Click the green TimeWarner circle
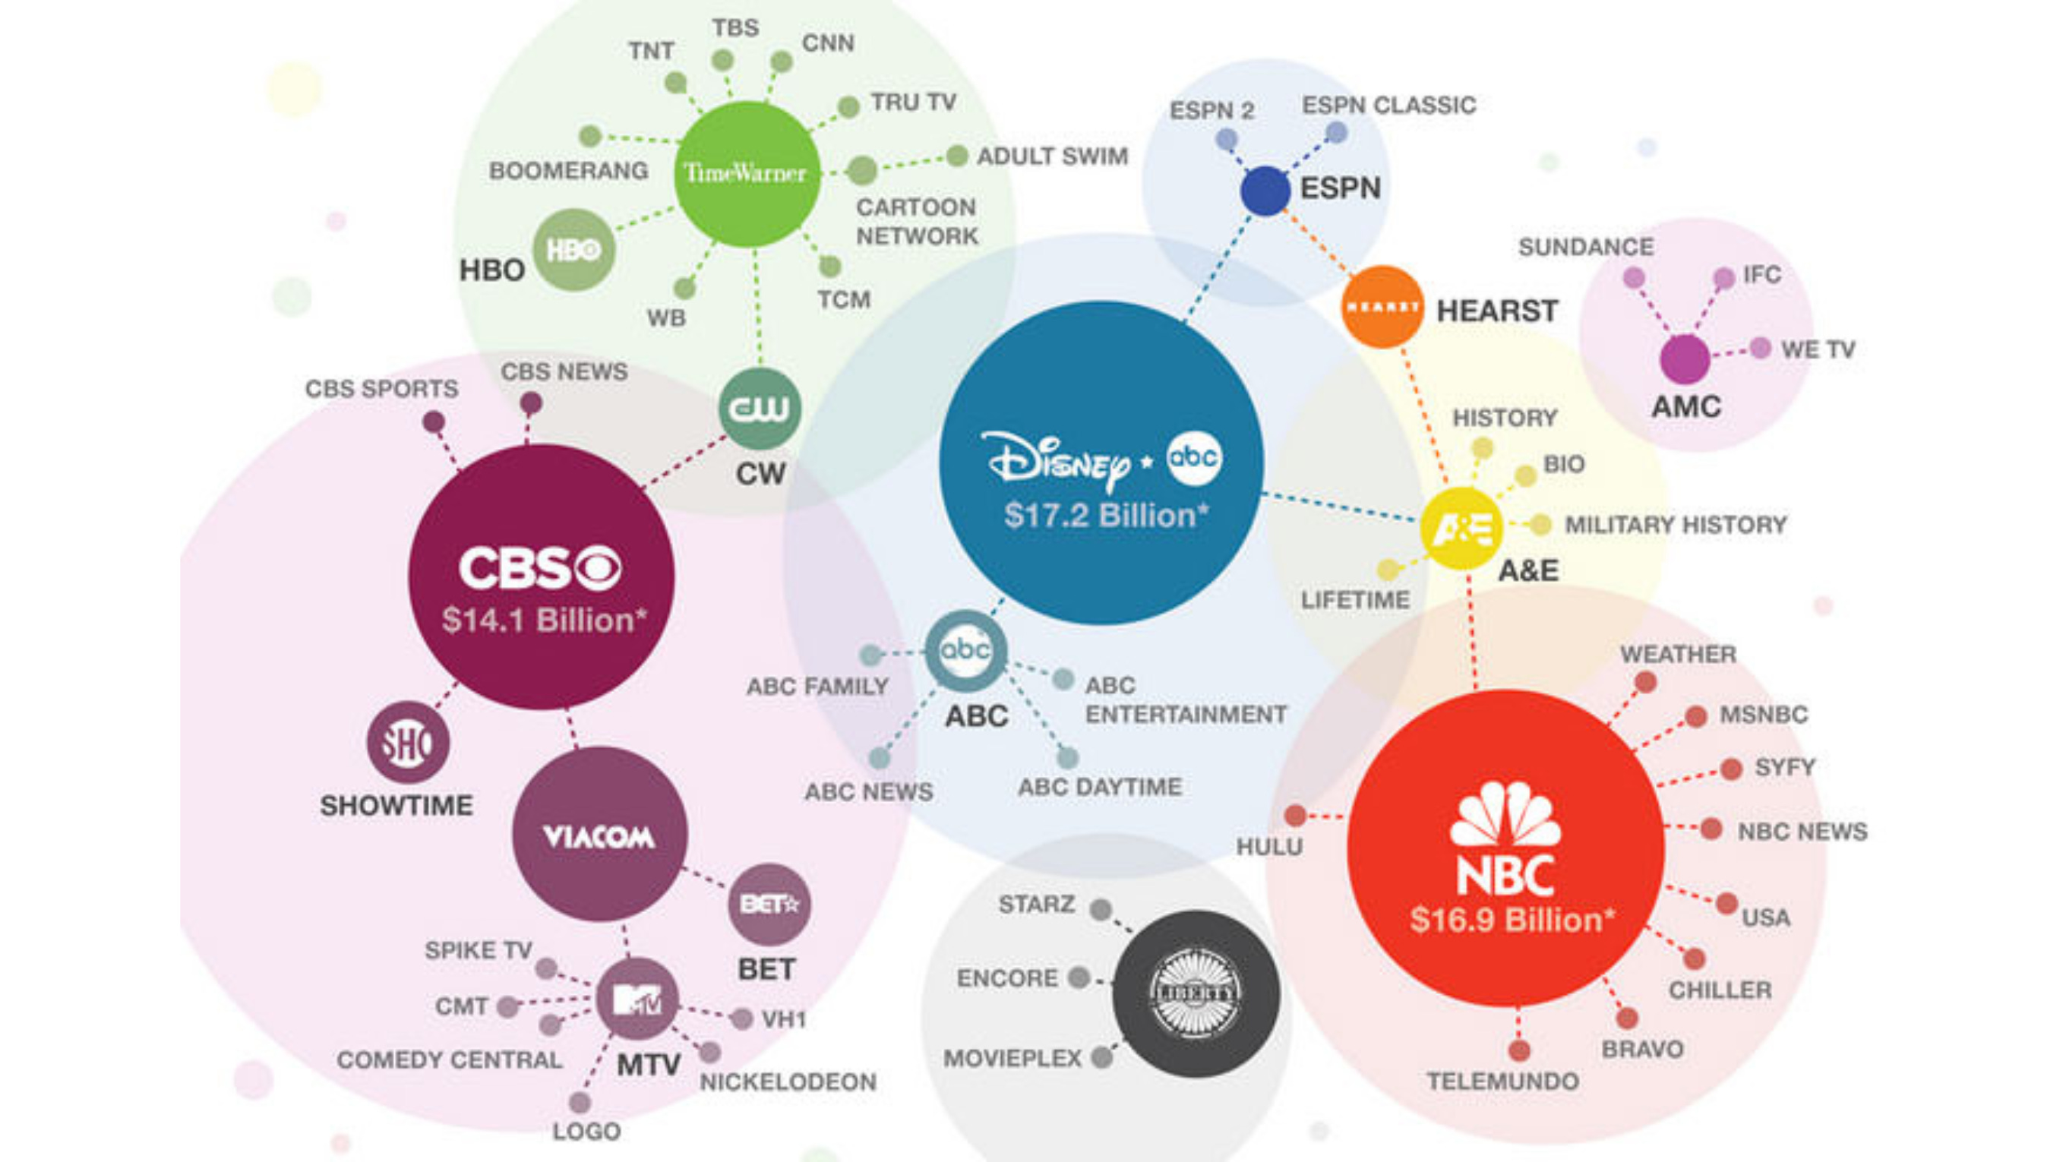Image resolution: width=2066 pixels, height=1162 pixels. point(746,174)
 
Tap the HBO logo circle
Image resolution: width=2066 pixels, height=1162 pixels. point(573,250)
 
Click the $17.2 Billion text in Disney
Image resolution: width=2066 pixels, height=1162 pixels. point(1105,515)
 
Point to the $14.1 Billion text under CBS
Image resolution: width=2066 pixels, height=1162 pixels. point(543,620)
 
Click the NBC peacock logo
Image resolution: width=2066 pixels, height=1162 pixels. point(1505,815)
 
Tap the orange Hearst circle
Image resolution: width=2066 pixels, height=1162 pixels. point(1382,307)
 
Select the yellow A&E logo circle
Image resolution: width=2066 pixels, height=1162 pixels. point(1461,529)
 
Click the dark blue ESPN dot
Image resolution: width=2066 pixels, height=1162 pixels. point(1265,191)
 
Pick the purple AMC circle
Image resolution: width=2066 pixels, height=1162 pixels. point(1685,359)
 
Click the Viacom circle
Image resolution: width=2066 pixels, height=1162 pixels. point(599,835)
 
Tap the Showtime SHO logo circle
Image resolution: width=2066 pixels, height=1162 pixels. point(407,743)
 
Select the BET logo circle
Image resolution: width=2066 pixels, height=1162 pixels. point(769,904)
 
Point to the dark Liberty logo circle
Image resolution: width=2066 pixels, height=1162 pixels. point(1195,993)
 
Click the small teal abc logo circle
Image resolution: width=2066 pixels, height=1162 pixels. point(965,650)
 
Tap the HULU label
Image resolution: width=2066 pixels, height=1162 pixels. point(1268,846)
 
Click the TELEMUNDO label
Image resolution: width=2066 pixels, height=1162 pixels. point(1502,1081)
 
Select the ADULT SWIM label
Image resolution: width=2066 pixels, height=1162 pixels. point(1051,156)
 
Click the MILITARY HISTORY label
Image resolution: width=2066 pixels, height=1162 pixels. point(1676,526)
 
